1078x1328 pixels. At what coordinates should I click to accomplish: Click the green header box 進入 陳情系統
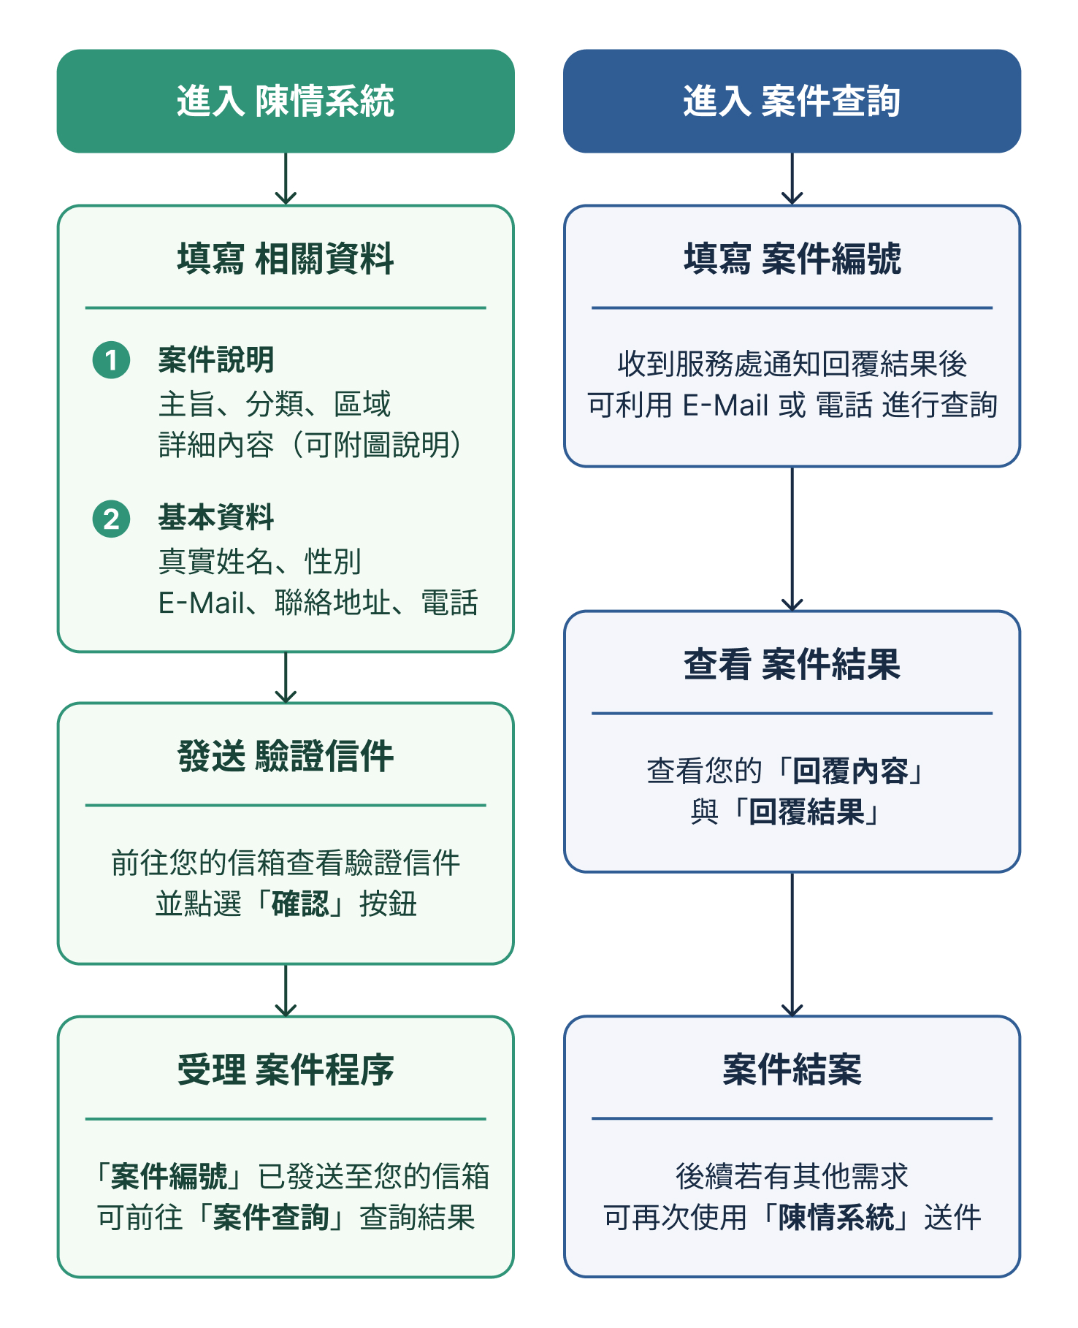tap(286, 101)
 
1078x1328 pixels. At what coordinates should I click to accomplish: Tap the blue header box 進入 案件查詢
tap(792, 101)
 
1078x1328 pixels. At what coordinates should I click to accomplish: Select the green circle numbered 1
tap(111, 360)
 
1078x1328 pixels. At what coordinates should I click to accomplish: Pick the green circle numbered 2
tap(111, 519)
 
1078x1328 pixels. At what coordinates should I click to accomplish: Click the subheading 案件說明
tap(216, 360)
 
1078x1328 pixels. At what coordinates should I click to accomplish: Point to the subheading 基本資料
tap(216, 518)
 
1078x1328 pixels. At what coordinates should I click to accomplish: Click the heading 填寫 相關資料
tap(286, 259)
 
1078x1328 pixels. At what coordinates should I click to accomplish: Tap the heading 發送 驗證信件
tap(286, 756)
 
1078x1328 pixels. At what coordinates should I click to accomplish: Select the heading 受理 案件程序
tap(286, 1070)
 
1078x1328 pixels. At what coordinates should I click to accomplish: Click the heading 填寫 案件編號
tap(792, 259)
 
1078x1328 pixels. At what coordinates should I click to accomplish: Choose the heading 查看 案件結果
tap(792, 665)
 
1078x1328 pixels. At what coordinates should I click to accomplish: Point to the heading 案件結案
tap(792, 1070)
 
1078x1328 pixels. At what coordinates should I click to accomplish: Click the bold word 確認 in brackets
tap(300, 904)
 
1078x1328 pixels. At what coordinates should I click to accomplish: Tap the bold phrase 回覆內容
tap(850, 771)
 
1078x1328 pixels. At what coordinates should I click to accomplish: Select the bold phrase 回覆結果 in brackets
tap(806, 812)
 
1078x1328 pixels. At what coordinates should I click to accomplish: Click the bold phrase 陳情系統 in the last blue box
tap(836, 1218)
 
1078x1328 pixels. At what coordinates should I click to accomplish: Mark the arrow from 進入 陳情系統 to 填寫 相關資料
tap(286, 179)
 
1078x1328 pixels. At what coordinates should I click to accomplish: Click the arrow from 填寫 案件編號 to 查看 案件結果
tap(792, 539)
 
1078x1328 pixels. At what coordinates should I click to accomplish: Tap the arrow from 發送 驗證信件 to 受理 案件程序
tap(286, 991)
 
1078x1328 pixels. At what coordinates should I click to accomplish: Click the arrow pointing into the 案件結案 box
tap(792, 945)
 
